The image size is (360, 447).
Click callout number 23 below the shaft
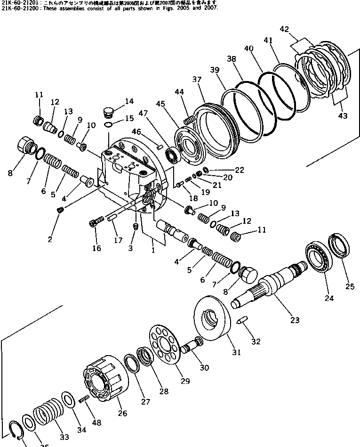[295, 320]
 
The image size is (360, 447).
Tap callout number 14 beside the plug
[129, 101]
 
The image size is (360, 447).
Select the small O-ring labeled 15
[108, 124]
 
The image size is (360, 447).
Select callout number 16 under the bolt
[96, 248]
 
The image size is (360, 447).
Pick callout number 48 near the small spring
[96, 423]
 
